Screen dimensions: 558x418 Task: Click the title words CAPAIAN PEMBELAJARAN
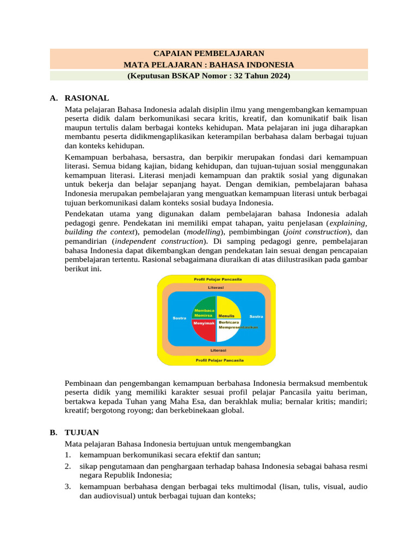pos(209,53)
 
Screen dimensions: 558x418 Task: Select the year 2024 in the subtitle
pos(277,76)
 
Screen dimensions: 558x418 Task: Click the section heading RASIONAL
pos(87,98)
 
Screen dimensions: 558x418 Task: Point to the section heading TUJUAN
pos(82,432)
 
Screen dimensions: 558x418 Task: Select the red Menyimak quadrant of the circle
pos(204,330)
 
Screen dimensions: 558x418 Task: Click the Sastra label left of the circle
pos(179,318)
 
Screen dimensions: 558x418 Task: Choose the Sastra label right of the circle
pos(256,316)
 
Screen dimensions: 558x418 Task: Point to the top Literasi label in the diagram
pos(216,287)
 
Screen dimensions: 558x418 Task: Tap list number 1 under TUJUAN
pos(67,454)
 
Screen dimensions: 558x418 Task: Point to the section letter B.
pos(53,432)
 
